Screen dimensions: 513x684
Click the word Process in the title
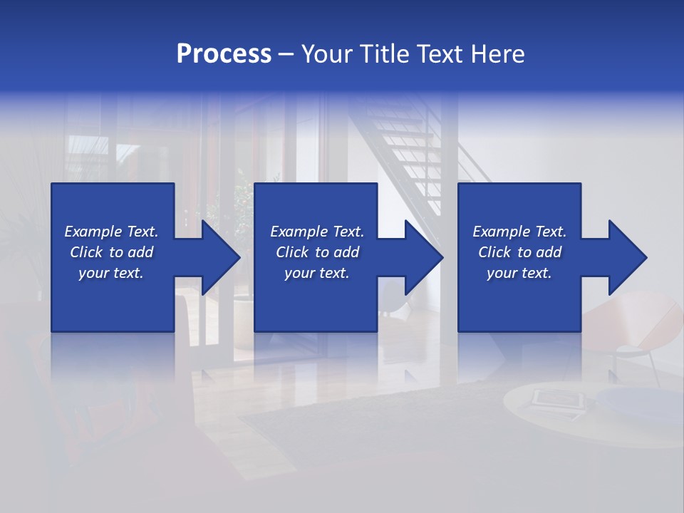tap(224, 54)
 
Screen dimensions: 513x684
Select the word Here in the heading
tap(497, 54)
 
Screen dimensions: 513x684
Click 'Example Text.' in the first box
tap(111, 232)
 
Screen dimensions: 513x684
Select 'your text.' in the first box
tap(111, 273)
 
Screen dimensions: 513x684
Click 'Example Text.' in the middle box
tap(317, 232)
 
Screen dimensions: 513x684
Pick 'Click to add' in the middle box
tap(317, 252)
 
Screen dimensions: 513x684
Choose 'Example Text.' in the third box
tap(519, 232)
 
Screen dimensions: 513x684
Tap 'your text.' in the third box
tap(519, 273)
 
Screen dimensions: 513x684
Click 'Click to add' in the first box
tap(111, 252)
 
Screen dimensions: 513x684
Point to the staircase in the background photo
tap(413, 142)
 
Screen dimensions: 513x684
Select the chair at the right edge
tap(641, 321)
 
